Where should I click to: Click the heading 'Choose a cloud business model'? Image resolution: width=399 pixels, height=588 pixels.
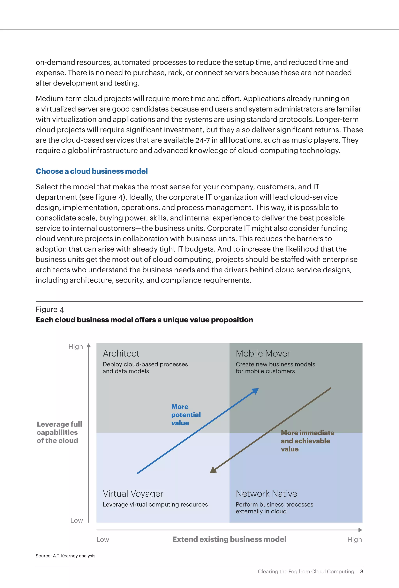(x=92, y=171)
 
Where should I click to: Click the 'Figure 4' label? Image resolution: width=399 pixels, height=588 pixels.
(x=50, y=309)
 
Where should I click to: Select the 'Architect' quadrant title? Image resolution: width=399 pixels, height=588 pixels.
(x=121, y=353)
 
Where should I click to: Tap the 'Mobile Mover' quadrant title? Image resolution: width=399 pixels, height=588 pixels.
(x=263, y=353)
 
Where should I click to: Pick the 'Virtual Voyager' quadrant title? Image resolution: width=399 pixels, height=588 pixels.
(x=133, y=494)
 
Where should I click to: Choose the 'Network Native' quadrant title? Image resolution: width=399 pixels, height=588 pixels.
(x=266, y=494)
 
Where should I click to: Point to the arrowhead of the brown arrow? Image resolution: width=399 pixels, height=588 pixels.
(x=213, y=470)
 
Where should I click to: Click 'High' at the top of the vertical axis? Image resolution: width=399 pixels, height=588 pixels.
(x=75, y=347)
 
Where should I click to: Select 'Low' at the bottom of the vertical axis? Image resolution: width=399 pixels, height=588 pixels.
(x=76, y=520)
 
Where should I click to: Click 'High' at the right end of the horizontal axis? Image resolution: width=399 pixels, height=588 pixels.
(x=354, y=540)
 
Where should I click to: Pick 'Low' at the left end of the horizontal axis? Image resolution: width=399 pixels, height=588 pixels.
(x=103, y=540)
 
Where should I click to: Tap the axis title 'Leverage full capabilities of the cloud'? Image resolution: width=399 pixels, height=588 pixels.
(x=59, y=432)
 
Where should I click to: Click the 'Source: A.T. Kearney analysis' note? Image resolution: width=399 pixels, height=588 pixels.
(x=65, y=556)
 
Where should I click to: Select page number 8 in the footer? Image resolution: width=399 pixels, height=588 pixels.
(x=362, y=572)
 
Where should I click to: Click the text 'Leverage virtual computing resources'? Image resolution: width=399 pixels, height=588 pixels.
(x=155, y=504)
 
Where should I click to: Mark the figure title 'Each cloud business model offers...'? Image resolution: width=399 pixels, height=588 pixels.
(x=144, y=320)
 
